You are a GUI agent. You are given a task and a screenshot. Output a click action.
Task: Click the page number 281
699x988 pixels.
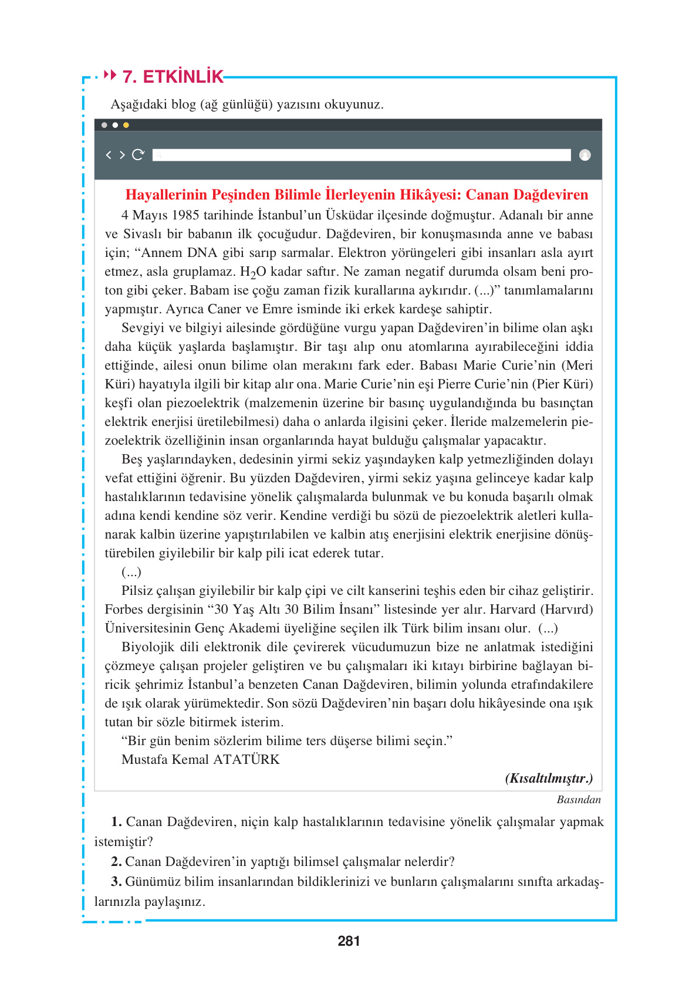(349, 941)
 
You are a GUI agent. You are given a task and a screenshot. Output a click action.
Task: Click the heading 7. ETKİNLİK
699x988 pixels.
(173, 77)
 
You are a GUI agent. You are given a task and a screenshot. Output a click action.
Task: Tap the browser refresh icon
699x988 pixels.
(138, 155)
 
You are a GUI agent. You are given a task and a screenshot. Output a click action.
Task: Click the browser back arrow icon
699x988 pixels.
(109, 155)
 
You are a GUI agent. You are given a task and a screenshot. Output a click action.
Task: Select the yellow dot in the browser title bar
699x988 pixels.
(126, 125)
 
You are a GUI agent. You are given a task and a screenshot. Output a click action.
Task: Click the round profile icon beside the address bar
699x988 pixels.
(585, 155)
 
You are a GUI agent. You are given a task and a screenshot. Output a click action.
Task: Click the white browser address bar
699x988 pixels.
(361, 155)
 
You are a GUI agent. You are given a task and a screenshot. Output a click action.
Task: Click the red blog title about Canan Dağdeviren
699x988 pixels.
(356, 195)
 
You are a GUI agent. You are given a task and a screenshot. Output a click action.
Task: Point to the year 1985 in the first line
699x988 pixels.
(185, 215)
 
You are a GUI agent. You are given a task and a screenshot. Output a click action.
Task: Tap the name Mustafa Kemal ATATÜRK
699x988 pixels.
(200, 760)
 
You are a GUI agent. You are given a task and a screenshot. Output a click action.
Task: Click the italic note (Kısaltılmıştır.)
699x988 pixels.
(548, 779)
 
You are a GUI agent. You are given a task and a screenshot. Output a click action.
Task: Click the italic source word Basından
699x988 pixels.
(578, 800)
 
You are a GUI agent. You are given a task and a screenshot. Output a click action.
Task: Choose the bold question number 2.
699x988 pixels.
(116, 862)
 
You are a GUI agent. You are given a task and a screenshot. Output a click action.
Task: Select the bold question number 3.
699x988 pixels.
(116, 882)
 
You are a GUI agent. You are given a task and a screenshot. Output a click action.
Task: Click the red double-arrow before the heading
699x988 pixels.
(110, 75)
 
